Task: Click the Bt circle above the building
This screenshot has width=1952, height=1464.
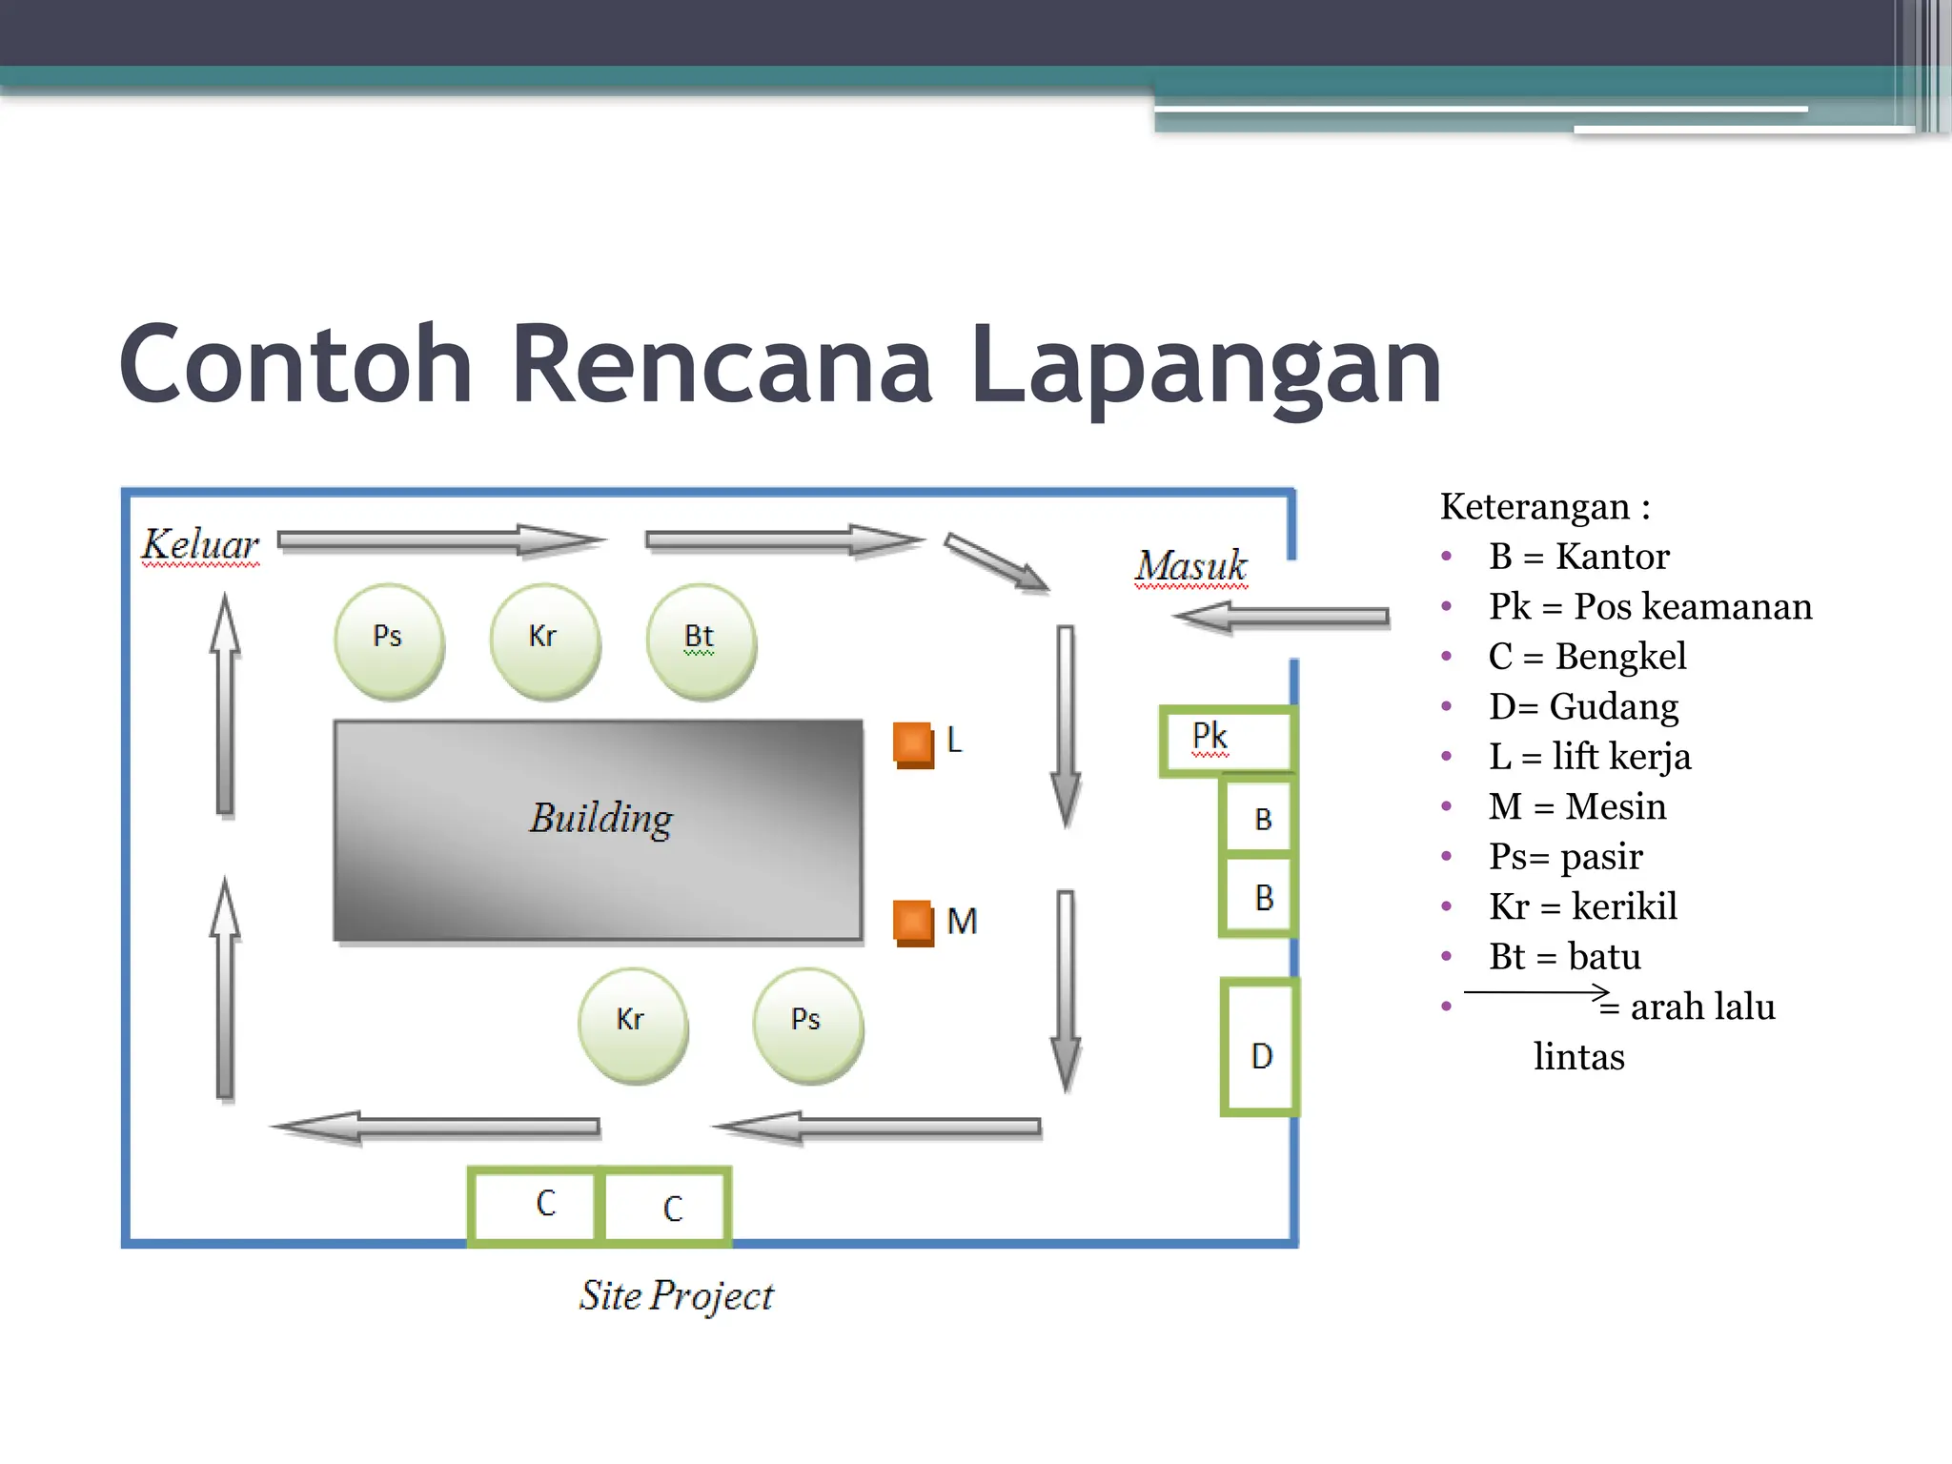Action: pyautogui.click(x=701, y=640)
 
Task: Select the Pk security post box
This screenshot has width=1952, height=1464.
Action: pyautogui.click(x=1227, y=740)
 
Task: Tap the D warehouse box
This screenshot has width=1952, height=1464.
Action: pyautogui.click(x=1260, y=1047)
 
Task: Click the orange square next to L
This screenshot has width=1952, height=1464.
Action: pyautogui.click(x=912, y=743)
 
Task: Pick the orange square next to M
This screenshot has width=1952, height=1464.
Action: pyautogui.click(x=912, y=922)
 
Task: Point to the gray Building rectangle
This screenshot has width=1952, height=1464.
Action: pyautogui.click(x=599, y=829)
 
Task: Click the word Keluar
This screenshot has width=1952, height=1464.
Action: pyautogui.click(x=200, y=545)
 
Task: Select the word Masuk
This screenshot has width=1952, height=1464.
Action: pyautogui.click(x=1190, y=566)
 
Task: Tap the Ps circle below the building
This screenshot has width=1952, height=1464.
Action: pyautogui.click(x=807, y=1025)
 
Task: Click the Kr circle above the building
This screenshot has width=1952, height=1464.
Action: pyautogui.click(x=544, y=640)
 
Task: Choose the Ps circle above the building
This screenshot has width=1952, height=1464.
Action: pyautogui.click(x=388, y=640)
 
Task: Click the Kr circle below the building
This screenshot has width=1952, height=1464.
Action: pyautogui.click(x=632, y=1025)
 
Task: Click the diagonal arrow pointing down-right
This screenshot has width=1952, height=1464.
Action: pyautogui.click(x=996, y=561)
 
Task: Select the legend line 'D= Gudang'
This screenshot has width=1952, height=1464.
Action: pyautogui.click(x=1583, y=706)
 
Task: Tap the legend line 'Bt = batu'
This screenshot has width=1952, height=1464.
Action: pyautogui.click(x=1564, y=956)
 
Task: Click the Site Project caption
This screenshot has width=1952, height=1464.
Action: pyautogui.click(x=676, y=1296)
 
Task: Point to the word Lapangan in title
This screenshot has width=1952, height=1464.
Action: pyautogui.click(x=1206, y=366)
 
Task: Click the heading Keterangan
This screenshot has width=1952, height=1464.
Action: pyautogui.click(x=1544, y=506)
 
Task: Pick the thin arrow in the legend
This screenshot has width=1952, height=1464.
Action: pyautogui.click(x=1535, y=992)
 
